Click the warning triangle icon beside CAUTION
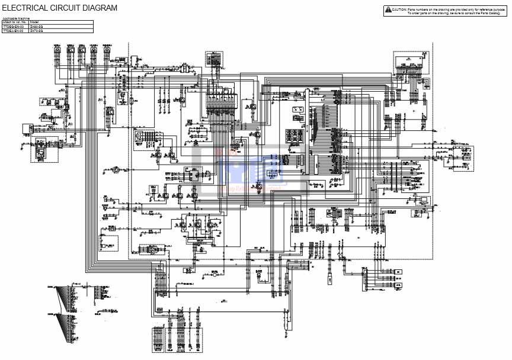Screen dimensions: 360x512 pyautogui.click(x=388, y=9)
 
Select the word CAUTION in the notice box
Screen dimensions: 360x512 pyautogui.click(x=399, y=9)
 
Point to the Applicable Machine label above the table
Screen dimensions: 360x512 pyautogui.click(x=16, y=19)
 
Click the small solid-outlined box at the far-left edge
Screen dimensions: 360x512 pyautogui.click(x=27, y=128)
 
